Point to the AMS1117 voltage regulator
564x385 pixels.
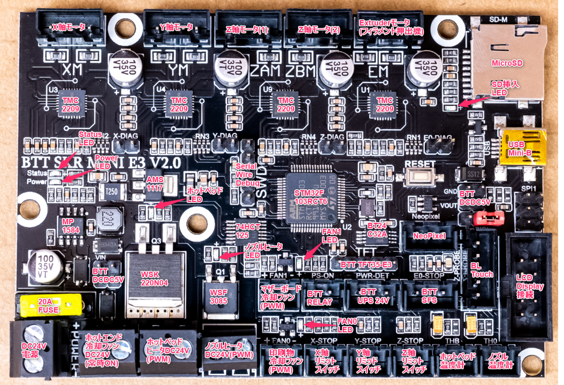coord(154,184)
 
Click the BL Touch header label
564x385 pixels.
coord(482,271)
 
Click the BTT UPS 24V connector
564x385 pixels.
coord(372,294)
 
